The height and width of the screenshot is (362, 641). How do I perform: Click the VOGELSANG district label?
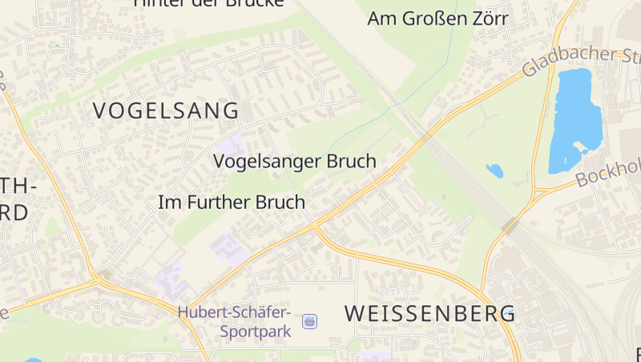166,111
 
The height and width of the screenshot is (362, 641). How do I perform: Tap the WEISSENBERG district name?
429,314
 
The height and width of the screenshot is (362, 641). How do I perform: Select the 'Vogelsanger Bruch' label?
294,161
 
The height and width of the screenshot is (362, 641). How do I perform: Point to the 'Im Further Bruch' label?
232,203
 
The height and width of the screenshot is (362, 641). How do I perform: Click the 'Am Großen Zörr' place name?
437,18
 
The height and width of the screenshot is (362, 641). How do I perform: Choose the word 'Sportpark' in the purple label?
254,329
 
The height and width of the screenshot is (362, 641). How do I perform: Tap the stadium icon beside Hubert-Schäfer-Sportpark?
309,321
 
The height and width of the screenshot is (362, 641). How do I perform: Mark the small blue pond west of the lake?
494,171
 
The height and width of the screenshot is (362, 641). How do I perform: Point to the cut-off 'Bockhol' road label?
609,171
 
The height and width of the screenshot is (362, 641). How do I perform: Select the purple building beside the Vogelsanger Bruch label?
231,147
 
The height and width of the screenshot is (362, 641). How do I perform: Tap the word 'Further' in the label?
220,203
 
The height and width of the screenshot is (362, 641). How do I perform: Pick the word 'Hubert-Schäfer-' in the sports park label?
235,312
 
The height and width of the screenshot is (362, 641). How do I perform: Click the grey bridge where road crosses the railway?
510,224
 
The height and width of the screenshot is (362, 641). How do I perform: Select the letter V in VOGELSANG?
101,111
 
